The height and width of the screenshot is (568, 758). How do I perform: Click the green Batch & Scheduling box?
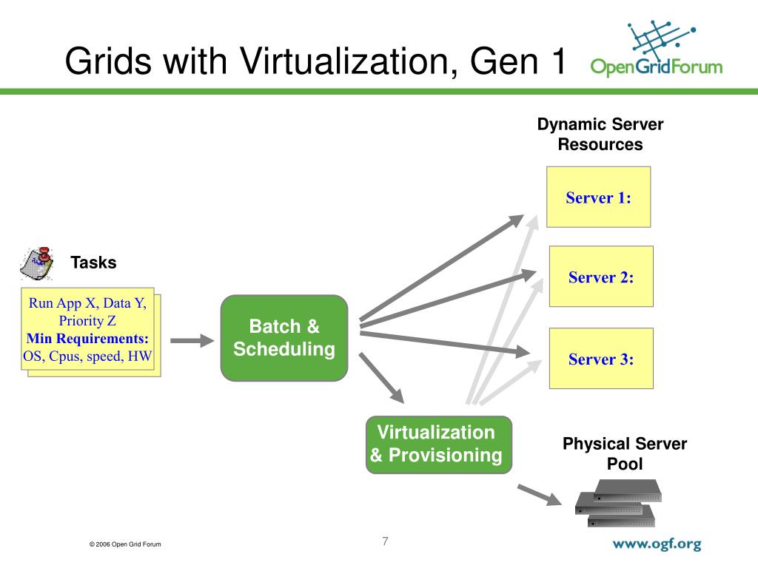[x=284, y=338]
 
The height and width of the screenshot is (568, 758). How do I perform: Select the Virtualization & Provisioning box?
[x=439, y=444]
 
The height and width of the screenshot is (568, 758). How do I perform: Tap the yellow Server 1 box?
[x=598, y=197]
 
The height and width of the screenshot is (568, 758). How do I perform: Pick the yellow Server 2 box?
[x=601, y=277]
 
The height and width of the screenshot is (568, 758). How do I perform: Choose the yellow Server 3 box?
[x=601, y=359]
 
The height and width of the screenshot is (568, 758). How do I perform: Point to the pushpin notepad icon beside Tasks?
[x=38, y=263]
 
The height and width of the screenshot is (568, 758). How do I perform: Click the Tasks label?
[x=93, y=263]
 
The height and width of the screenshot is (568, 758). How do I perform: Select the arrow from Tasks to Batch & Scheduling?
[x=191, y=341]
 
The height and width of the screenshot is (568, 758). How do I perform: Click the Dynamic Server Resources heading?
[x=600, y=135]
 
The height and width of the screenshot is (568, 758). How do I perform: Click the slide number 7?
[x=385, y=541]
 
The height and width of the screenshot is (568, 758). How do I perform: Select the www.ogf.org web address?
[x=656, y=544]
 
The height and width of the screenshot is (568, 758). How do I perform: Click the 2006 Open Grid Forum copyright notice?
[x=124, y=545]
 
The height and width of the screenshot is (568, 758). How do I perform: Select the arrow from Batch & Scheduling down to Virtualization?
[x=384, y=379]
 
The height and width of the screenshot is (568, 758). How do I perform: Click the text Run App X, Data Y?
[x=87, y=303]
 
